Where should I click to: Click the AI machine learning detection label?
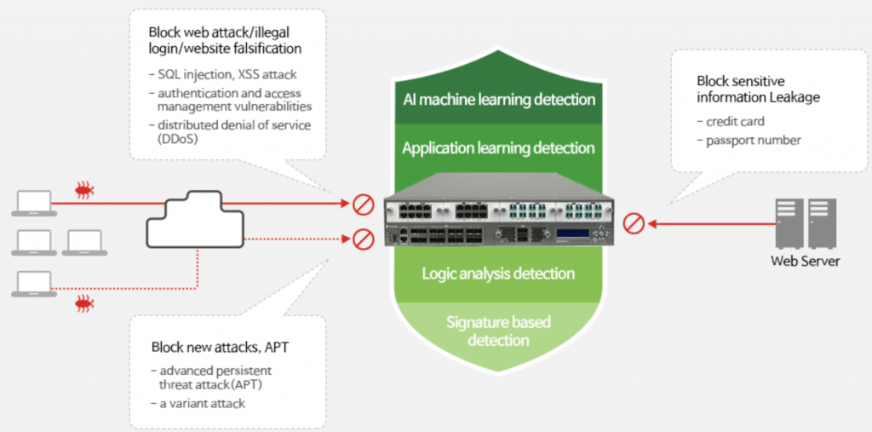click(x=499, y=100)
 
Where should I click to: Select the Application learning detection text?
click(x=498, y=148)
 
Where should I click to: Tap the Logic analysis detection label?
click(x=498, y=274)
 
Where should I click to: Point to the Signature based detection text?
click(x=497, y=331)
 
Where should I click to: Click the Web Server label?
click(x=806, y=261)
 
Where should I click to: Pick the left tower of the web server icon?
click(x=789, y=223)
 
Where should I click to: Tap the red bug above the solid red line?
click(x=85, y=190)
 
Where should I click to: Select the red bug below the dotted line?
click(x=85, y=304)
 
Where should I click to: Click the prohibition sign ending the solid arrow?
click(x=363, y=204)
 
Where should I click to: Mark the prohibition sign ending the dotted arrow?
click(x=363, y=239)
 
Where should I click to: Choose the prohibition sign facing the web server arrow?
click(x=634, y=224)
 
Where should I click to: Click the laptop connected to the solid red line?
click(x=34, y=203)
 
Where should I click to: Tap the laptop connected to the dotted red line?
click(x=34, y=284)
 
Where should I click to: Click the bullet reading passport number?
click(x=749, y=141)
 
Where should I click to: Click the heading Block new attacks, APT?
click(x=221, y=348)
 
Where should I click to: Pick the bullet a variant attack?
click(x=198, y=403)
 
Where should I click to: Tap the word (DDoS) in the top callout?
click(x=178, y=139)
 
